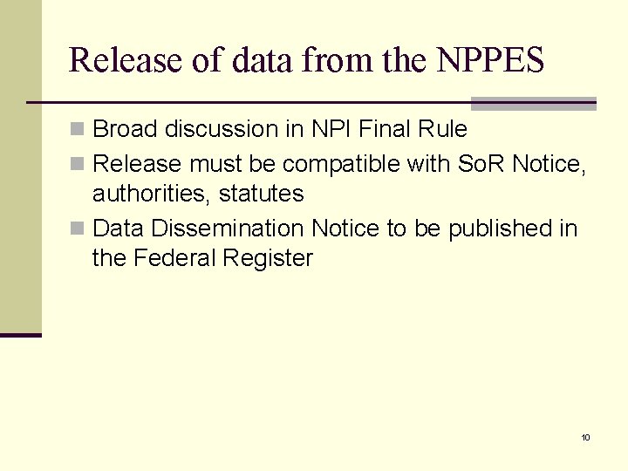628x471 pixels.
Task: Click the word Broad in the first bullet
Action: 123,129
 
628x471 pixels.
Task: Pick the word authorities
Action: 151,194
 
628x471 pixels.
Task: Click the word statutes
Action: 261,194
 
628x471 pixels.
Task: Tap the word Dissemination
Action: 228,229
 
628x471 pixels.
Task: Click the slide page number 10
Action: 585,437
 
